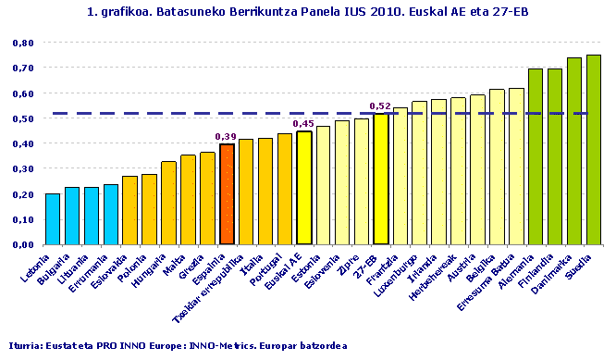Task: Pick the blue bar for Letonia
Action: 53,219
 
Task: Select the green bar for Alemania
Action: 535,156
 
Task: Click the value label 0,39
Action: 226,137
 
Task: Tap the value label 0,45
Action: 303,123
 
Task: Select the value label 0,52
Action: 379,106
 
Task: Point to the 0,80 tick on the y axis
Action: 23,43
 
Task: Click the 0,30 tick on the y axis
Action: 23,169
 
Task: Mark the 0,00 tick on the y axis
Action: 23,245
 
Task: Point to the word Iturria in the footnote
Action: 26,345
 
